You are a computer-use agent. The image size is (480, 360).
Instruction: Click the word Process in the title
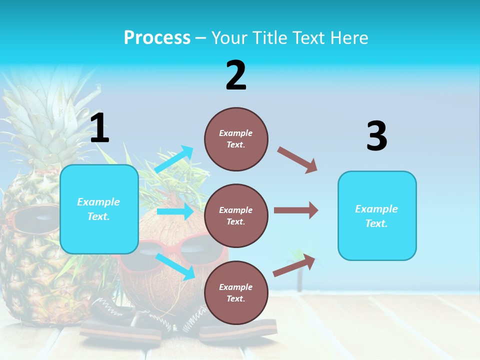point(157,38)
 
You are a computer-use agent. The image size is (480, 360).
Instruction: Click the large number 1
point(99,128)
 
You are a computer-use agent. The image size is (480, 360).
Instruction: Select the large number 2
point(236,75)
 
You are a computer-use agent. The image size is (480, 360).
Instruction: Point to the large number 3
point(376,136)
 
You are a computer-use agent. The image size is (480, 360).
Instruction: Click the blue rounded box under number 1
point(99,209)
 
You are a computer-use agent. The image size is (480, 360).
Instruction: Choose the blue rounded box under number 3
point(377,216)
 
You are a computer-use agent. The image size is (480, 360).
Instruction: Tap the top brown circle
point(236,139)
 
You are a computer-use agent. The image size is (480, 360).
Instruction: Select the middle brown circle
point(236,216)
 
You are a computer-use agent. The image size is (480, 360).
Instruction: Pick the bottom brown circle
point(236,293)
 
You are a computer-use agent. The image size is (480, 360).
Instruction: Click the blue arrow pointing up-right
point(174,159)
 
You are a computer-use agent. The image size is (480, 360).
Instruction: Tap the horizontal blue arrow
point(175,211)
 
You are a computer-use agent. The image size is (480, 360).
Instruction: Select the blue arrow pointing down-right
point(175,266)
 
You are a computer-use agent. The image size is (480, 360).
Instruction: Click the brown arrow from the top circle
point(297,160)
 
